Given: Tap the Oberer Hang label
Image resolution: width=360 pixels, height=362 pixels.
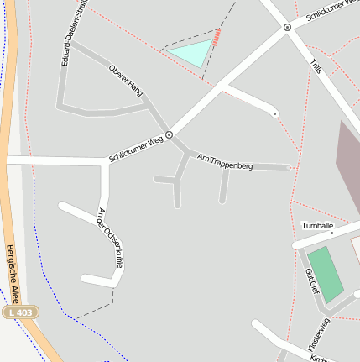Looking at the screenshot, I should [x=127, y=81].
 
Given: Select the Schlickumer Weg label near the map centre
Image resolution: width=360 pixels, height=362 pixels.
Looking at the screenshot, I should [x=135, y=149].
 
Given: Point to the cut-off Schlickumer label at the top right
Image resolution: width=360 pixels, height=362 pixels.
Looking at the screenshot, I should [x=332, y=11].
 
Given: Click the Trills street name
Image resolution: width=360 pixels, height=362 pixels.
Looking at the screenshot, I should [x=316, y=66].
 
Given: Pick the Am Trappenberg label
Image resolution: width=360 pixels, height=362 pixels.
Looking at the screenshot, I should [x=224, y=161].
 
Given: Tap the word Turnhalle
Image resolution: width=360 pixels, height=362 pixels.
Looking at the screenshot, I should [x=318, y=225].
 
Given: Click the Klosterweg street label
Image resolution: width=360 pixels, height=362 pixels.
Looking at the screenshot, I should [x=318, y=334].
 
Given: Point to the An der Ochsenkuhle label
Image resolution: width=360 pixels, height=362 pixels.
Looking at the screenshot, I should [x=110, y=239].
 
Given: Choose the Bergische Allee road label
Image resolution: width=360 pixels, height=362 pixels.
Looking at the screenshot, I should [x=13, y=274].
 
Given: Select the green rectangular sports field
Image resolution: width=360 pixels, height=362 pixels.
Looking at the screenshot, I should [x=326, y=273].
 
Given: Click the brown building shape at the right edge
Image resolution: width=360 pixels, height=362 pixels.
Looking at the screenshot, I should [x=347, y=164].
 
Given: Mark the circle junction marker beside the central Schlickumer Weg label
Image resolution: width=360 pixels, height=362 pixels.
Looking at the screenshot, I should [x=170, y=134].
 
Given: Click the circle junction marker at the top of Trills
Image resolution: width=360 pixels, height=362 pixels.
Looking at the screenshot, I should [x=288, y=28].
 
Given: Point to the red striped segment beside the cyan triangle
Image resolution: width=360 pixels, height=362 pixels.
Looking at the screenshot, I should [x=218, y=37].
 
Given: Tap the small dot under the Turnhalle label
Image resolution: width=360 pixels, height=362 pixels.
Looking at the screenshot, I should [x=331, y=233].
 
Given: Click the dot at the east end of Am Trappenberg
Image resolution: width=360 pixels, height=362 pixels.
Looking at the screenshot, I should [x=290, y=168].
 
